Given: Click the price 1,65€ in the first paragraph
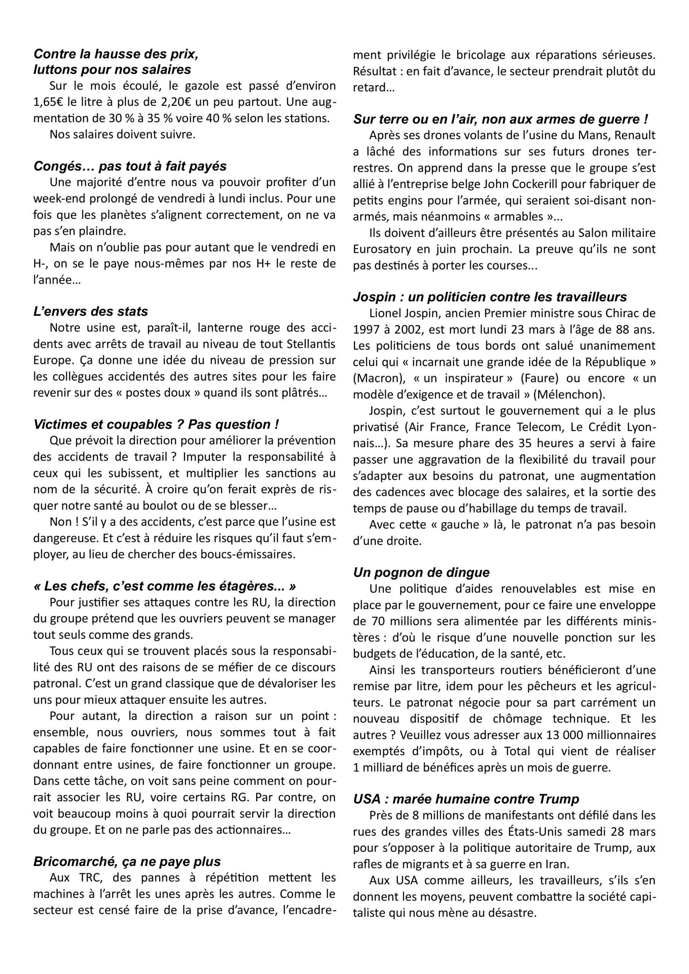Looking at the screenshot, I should coord(48,102).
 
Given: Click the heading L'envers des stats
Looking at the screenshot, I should coord(91,311).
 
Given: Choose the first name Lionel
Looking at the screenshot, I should coord(384,313).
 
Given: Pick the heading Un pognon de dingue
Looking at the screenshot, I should coord(421,572).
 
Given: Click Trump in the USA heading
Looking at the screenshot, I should coord(559,799).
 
